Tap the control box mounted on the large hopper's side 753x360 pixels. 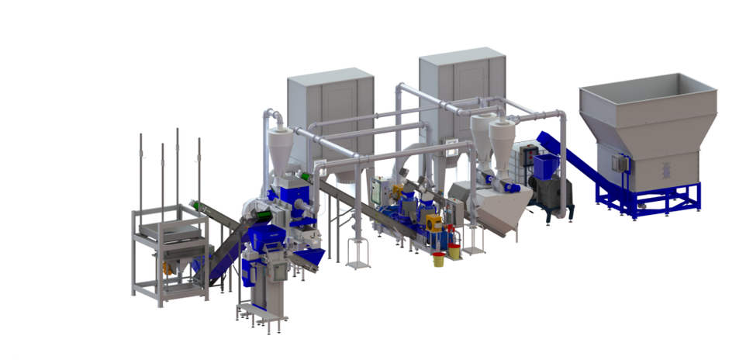coord(618,164)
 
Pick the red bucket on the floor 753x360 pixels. coord(438,255)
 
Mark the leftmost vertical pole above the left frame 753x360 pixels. coord(140,171)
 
